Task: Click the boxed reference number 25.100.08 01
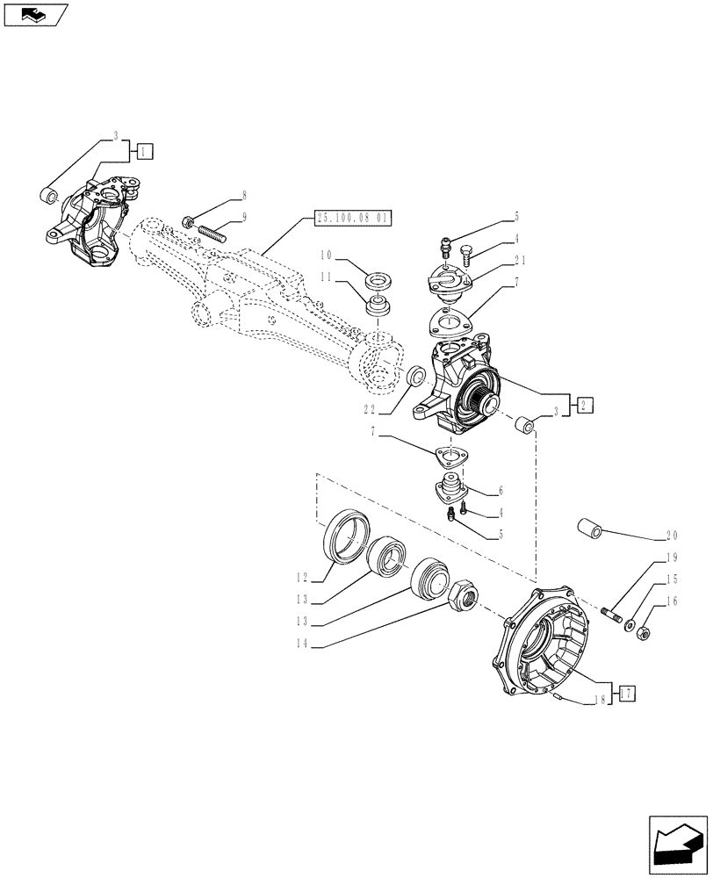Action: [x=351, y=219]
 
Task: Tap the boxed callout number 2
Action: [x=586, y=405]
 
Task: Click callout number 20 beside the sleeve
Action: [x=672, y=536]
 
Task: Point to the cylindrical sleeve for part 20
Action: [x=590, y=529]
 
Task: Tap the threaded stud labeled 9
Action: [x=214, y=234]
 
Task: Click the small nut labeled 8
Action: [x=189, y=220]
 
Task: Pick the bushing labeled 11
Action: [x=378, y=307]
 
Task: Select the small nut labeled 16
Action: [x=642, y=630]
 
